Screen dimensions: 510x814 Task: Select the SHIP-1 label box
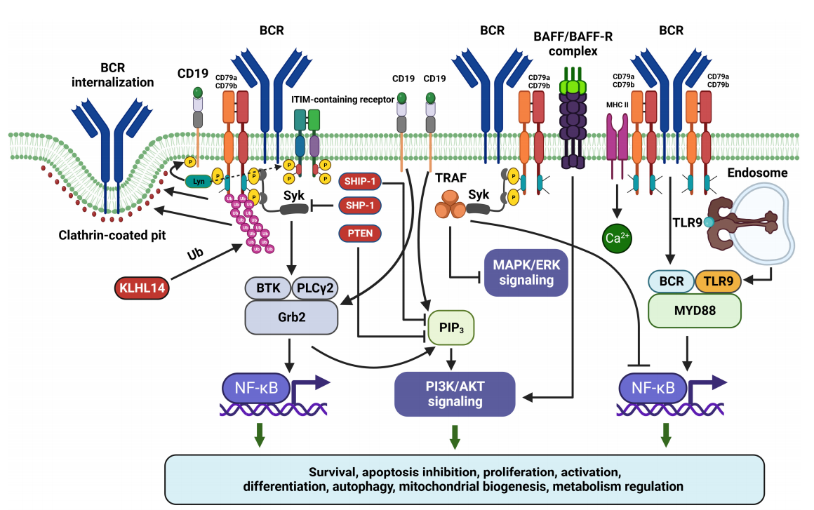pyautogui.click(x=361, y=181)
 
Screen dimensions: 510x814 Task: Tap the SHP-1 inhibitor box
pyautogui.click(x=361, y=206)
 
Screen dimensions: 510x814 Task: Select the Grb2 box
pyautogui.click(x=291, y=317)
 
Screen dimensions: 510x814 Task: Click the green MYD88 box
pyautogui.click(x=694, y=310)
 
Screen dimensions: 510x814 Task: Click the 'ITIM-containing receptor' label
pyautogui.click(x=342, y=99)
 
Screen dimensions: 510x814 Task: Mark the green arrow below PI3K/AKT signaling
pyautogui.click(x=455, y=435)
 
